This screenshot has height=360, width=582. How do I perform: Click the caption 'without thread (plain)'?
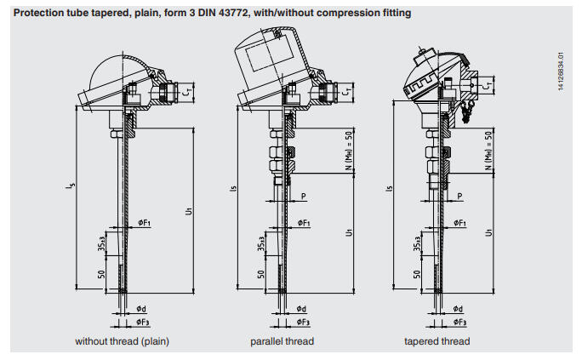(x=122, y=342)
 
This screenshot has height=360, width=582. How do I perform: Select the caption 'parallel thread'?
(x=282, y=342)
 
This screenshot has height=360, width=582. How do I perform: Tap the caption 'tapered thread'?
(x=436, y=342)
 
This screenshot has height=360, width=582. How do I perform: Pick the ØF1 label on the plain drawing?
(x=145, y=223)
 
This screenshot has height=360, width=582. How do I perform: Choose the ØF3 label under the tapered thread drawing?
(x=459, y=323)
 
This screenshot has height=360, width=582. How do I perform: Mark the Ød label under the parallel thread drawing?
(x=302, y=309)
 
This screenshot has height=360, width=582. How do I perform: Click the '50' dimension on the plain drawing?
(x=100, y=274)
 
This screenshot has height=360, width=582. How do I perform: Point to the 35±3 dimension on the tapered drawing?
(x=417, y=243)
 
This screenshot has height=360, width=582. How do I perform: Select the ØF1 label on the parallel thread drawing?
(x=302, y=223)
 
